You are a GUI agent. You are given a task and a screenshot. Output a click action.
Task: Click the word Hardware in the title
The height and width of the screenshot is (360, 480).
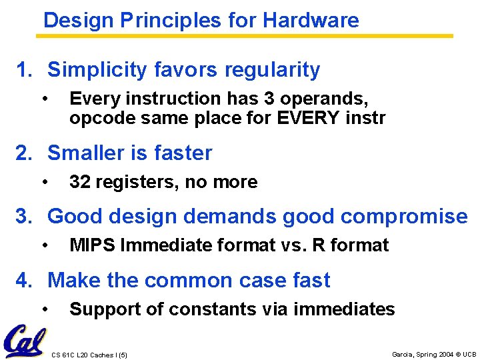pos(311,20)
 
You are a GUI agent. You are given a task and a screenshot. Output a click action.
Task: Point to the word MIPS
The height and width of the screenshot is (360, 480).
pos(92,245)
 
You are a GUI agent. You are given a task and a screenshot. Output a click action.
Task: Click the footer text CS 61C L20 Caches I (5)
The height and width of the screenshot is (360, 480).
pos(89,354)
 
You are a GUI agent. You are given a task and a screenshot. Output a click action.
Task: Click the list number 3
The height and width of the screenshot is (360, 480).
pos(23,217)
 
